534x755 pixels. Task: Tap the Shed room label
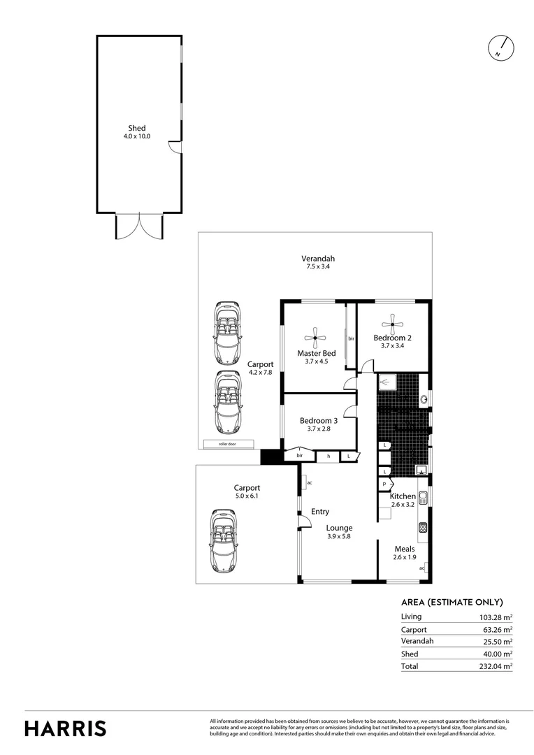pos(137,128)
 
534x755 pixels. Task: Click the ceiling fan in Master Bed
pos(316,338)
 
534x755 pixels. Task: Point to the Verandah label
pos(316,257)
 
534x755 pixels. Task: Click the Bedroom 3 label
pos(319,420)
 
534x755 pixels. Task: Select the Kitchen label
pos(403,496)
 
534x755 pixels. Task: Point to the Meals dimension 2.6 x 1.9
pos(405,558)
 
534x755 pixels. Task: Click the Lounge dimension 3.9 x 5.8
pos(340,537)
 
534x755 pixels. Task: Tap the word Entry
pos(320,512)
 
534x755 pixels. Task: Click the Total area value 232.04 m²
pos(496,667)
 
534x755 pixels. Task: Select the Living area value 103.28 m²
pos(496,617)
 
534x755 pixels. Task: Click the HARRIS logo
pos(66,728)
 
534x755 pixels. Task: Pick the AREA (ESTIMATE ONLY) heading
pos(452,602)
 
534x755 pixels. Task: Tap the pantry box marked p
pos(384,483)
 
